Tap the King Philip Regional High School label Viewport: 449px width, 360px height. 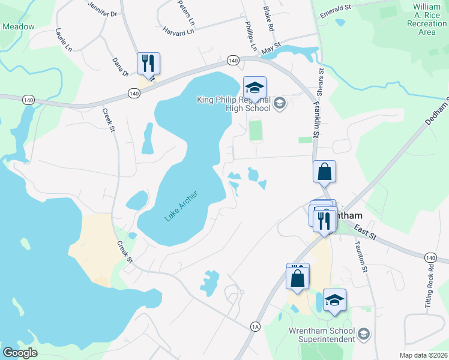pyautogui.click(x=235, y=104)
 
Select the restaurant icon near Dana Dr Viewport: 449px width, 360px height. pyautogui.click(x=148, y=64)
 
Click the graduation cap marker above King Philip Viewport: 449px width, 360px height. pyautogui.click(x=255, y=88)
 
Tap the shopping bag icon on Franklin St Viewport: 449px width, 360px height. pyautogui.click(x=324, y=172)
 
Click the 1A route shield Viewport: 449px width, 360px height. pyautogui.click(x=256, y=326)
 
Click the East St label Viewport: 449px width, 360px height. pyautogui.click(x=365, y=230)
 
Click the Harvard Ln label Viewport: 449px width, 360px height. pyautogui.click(x=178, y=28)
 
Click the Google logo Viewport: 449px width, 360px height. pyautogui.click(x=19, y=352)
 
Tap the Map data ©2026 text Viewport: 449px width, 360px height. pyautogui.click(x=423, y=355)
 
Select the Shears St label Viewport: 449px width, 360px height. pyautogui.click(x=321, y=78)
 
